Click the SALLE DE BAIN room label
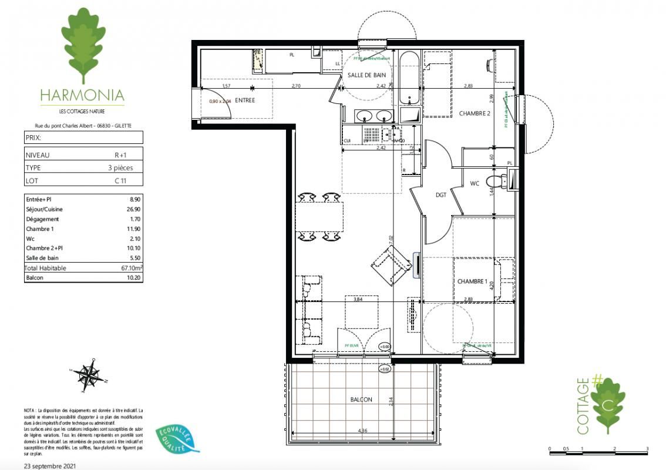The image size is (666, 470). point(366,75)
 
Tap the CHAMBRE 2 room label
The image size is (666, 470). point(474,113)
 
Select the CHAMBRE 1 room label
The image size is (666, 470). point(473,282)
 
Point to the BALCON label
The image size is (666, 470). point(361,399)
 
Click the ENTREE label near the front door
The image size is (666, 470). point(245,100)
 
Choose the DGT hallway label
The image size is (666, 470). point(441,194)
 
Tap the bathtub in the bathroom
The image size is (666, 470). point(409,78)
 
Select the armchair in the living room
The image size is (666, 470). point(392,266)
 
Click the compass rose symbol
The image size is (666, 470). point(88,374)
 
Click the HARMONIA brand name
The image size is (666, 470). point(82,95)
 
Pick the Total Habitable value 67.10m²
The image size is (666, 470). point(130,268)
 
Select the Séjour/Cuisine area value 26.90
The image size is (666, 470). point(134,209)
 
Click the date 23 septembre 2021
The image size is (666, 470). point(50,465)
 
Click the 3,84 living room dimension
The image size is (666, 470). point(357,299)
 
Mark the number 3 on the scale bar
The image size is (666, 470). point(647,449)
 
